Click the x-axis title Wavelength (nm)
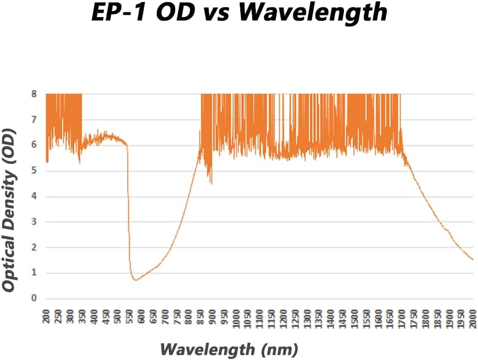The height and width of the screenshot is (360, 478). (229, 348)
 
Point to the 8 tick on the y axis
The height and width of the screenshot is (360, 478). (34, 94)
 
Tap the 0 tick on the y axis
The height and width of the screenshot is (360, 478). (34, 298)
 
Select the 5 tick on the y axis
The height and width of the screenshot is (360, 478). (34, 171)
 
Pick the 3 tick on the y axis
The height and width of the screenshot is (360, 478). (34, 222)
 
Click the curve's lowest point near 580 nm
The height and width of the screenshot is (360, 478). (135, 280)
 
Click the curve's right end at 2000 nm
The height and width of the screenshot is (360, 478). (473, 260)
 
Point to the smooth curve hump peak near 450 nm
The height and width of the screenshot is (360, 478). (106, 134)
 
